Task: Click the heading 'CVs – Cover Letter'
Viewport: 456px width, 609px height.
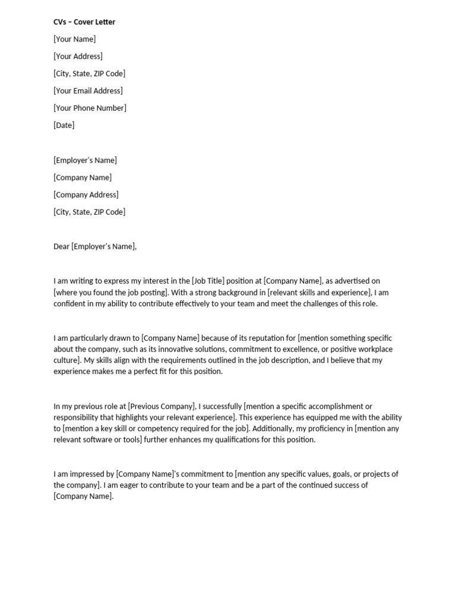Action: tap(84, 22)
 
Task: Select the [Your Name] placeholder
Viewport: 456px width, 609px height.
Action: tap(74, 39)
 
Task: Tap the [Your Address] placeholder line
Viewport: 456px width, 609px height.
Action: tap(78, 56)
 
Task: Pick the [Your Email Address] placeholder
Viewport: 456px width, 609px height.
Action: tap(88, 91)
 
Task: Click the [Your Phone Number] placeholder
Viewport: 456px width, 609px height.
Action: tap(90, 108)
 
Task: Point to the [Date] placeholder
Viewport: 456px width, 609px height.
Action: tap(64, 125)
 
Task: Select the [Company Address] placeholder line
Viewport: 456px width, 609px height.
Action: tap(86, 194)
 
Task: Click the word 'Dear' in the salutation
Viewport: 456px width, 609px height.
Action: tap(62, 246)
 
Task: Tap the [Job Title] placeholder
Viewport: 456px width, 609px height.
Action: tap(208, 281)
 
